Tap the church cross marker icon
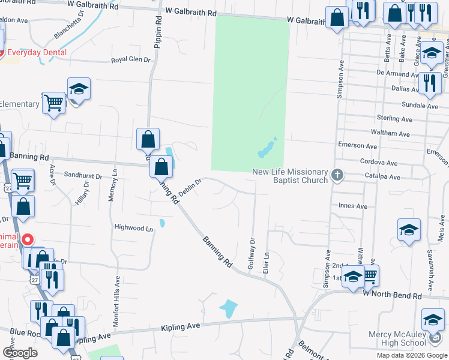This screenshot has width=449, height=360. coord(337,175)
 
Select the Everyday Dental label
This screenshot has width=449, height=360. coord(35,52)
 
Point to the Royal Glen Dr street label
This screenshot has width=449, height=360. coord(131,60)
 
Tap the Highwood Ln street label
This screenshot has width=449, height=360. coord(134,228)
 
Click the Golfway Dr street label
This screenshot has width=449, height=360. coord(251,255)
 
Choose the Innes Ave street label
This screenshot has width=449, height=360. coord(353,206)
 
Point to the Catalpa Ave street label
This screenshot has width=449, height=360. coord(381,176)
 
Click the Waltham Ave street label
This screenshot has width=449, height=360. coord(392,133)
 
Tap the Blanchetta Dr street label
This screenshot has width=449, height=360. coord(68,27)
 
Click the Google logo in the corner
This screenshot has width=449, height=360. coord(20,353)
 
